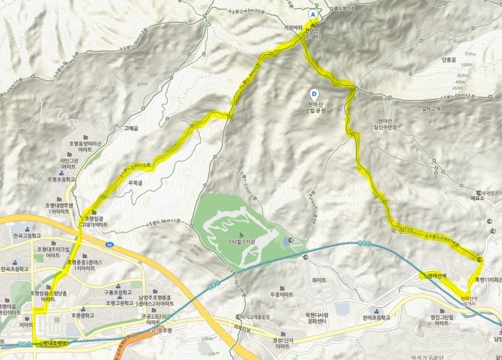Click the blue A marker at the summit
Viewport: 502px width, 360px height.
(313, 14)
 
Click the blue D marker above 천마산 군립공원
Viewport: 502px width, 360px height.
(313, 94)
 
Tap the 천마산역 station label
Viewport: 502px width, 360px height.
(435, 276)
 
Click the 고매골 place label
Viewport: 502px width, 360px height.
(132, 127)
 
